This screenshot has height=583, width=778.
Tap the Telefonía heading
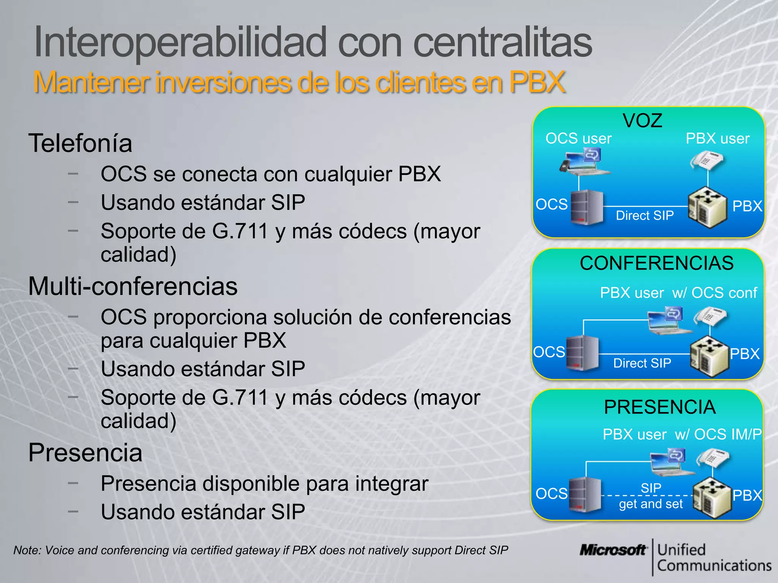80,143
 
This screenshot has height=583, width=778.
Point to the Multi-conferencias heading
133,286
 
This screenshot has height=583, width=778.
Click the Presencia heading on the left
85,453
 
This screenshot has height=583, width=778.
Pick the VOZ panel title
642,121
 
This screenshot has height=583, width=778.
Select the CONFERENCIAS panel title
656,263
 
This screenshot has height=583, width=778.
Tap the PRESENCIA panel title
660,407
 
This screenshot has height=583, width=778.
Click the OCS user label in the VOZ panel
578,139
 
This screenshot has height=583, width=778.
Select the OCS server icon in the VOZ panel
587,207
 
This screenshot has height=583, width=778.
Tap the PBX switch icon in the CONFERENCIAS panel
709,356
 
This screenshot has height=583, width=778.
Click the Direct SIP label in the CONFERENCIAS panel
642,363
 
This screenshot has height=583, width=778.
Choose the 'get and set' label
651,504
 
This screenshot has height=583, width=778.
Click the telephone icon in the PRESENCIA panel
712,458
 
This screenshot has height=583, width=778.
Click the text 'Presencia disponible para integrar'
264,484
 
